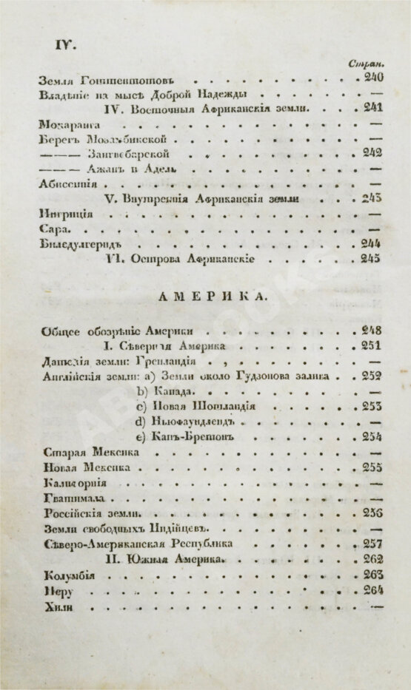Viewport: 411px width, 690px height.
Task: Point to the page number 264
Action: click(369, 589)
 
